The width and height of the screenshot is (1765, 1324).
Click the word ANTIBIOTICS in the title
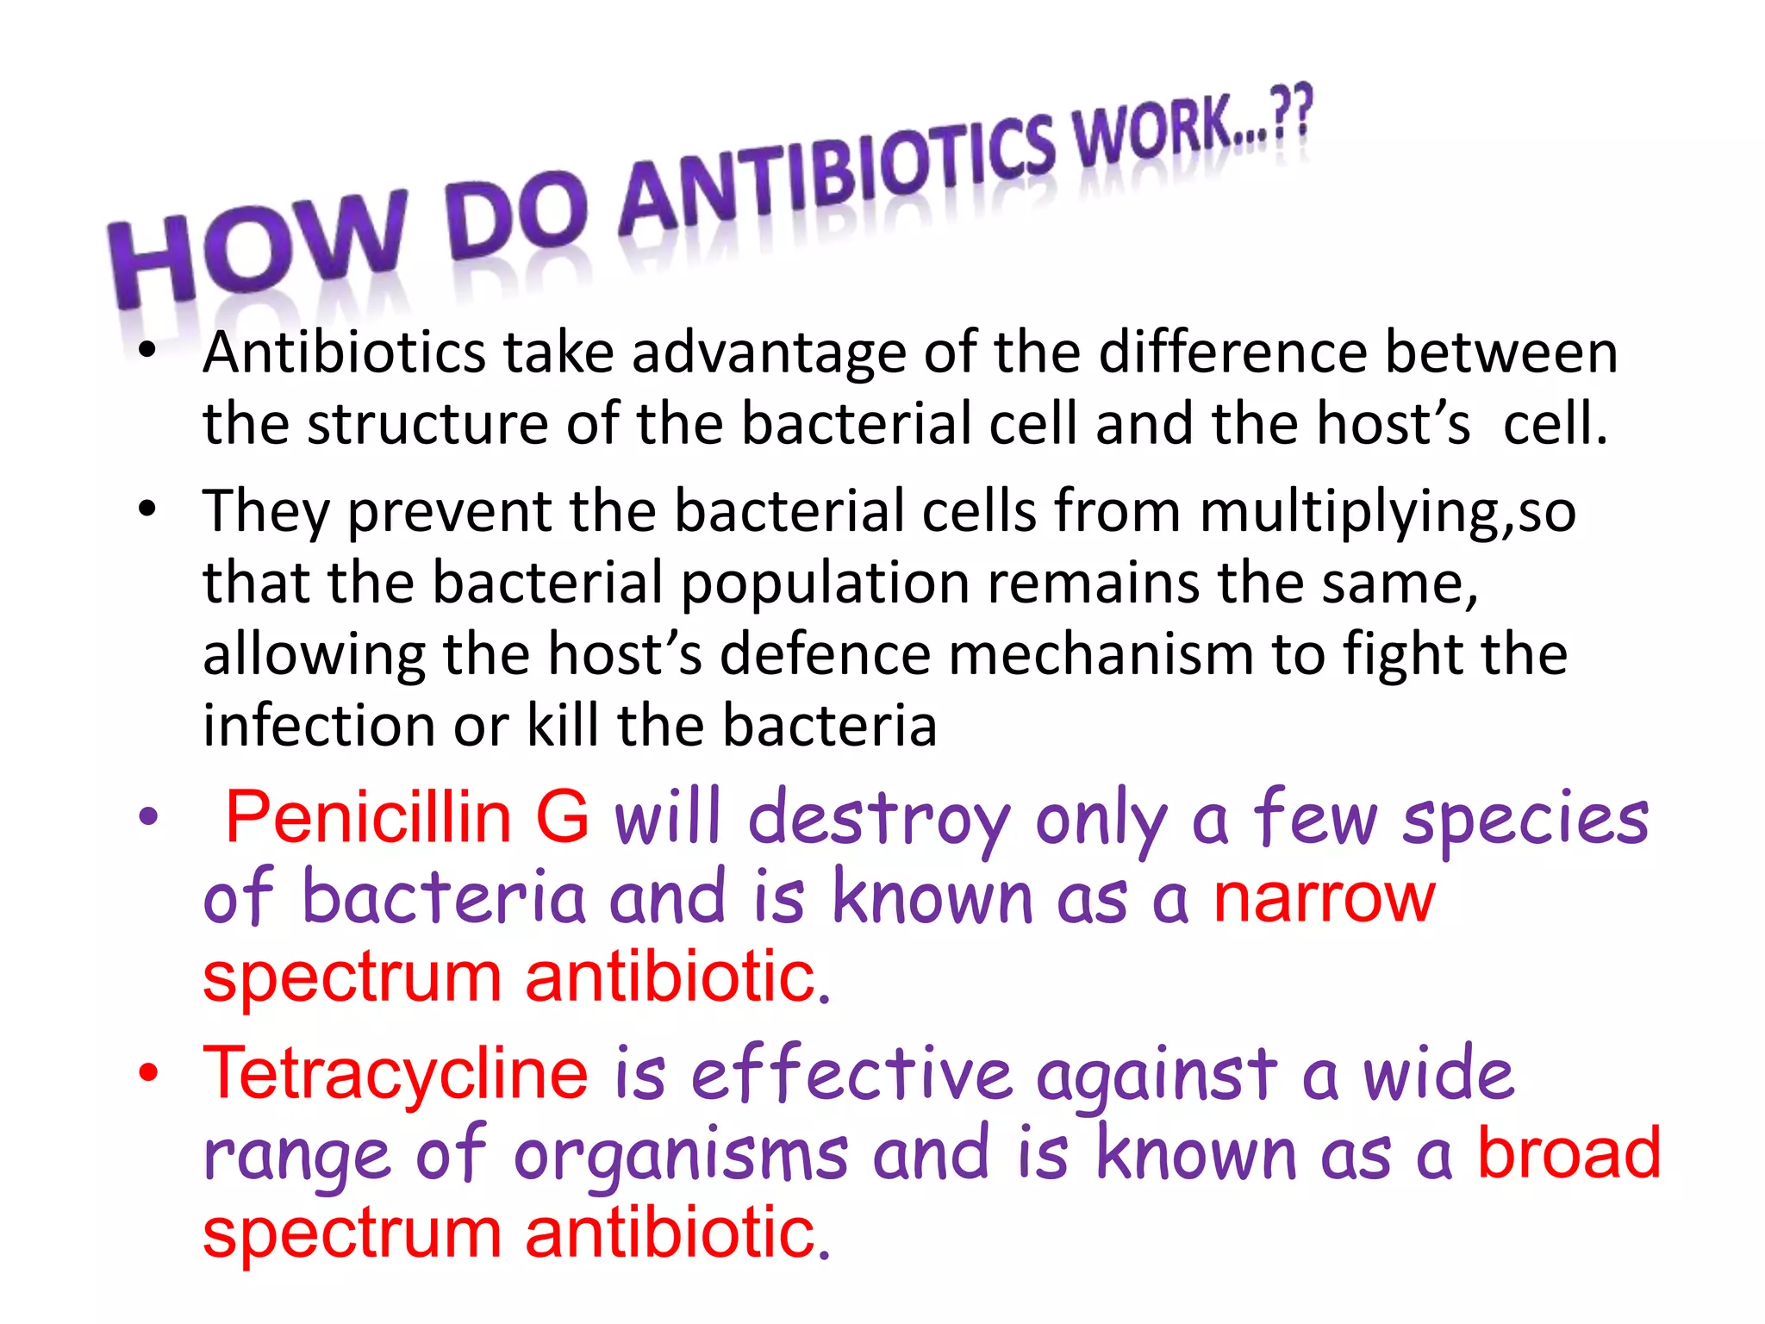coord(836,177)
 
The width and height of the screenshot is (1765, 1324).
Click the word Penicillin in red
coord(368,817)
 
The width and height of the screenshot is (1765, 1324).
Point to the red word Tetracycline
coord(396,1074)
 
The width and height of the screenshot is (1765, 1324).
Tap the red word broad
coord(1569,1153)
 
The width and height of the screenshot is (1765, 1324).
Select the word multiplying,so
coord(1388,511)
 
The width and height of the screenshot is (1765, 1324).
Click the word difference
coord(1233,353)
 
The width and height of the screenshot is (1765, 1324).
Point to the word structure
coord(427,424)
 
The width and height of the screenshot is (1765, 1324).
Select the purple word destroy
coord(879,819)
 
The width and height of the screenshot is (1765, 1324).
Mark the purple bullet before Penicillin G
coord(149,816)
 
